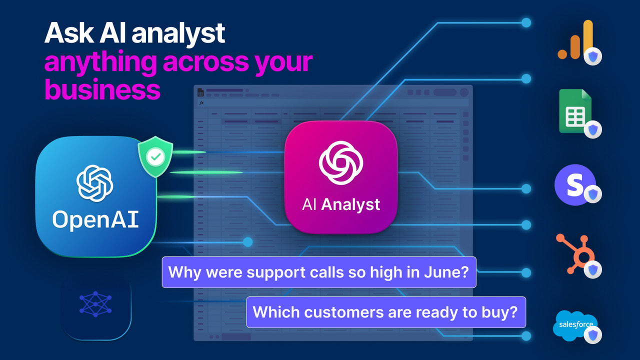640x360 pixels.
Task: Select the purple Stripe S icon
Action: tap(574, 184)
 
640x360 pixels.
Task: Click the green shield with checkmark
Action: tap(155, 156)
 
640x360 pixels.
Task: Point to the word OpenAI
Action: tap(95, 219)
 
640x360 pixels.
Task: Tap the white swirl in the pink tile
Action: tap(340, 163)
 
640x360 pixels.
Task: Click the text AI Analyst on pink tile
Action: tap(340, 204)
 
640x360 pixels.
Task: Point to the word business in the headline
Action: tap(102, 90)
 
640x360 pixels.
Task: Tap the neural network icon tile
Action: tap(95, 304)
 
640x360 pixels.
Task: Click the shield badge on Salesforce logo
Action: tap(593, 334)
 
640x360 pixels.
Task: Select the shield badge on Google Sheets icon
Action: tap(593, 129)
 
